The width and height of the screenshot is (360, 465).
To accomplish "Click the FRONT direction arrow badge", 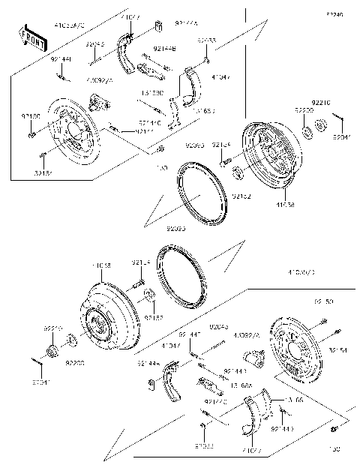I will click(30, 37).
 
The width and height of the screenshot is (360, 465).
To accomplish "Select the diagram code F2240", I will click(334, 14).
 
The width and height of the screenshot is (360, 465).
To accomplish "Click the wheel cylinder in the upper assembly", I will click(97, 99).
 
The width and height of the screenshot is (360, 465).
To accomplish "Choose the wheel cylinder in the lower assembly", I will click(259, 368).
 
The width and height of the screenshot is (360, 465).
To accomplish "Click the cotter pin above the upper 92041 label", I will click(338, 123).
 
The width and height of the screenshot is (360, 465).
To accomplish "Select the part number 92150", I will click(31, 116).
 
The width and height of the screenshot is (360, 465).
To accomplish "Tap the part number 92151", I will click(43, 172).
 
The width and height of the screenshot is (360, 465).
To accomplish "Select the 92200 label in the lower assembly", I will click(76, 362).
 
